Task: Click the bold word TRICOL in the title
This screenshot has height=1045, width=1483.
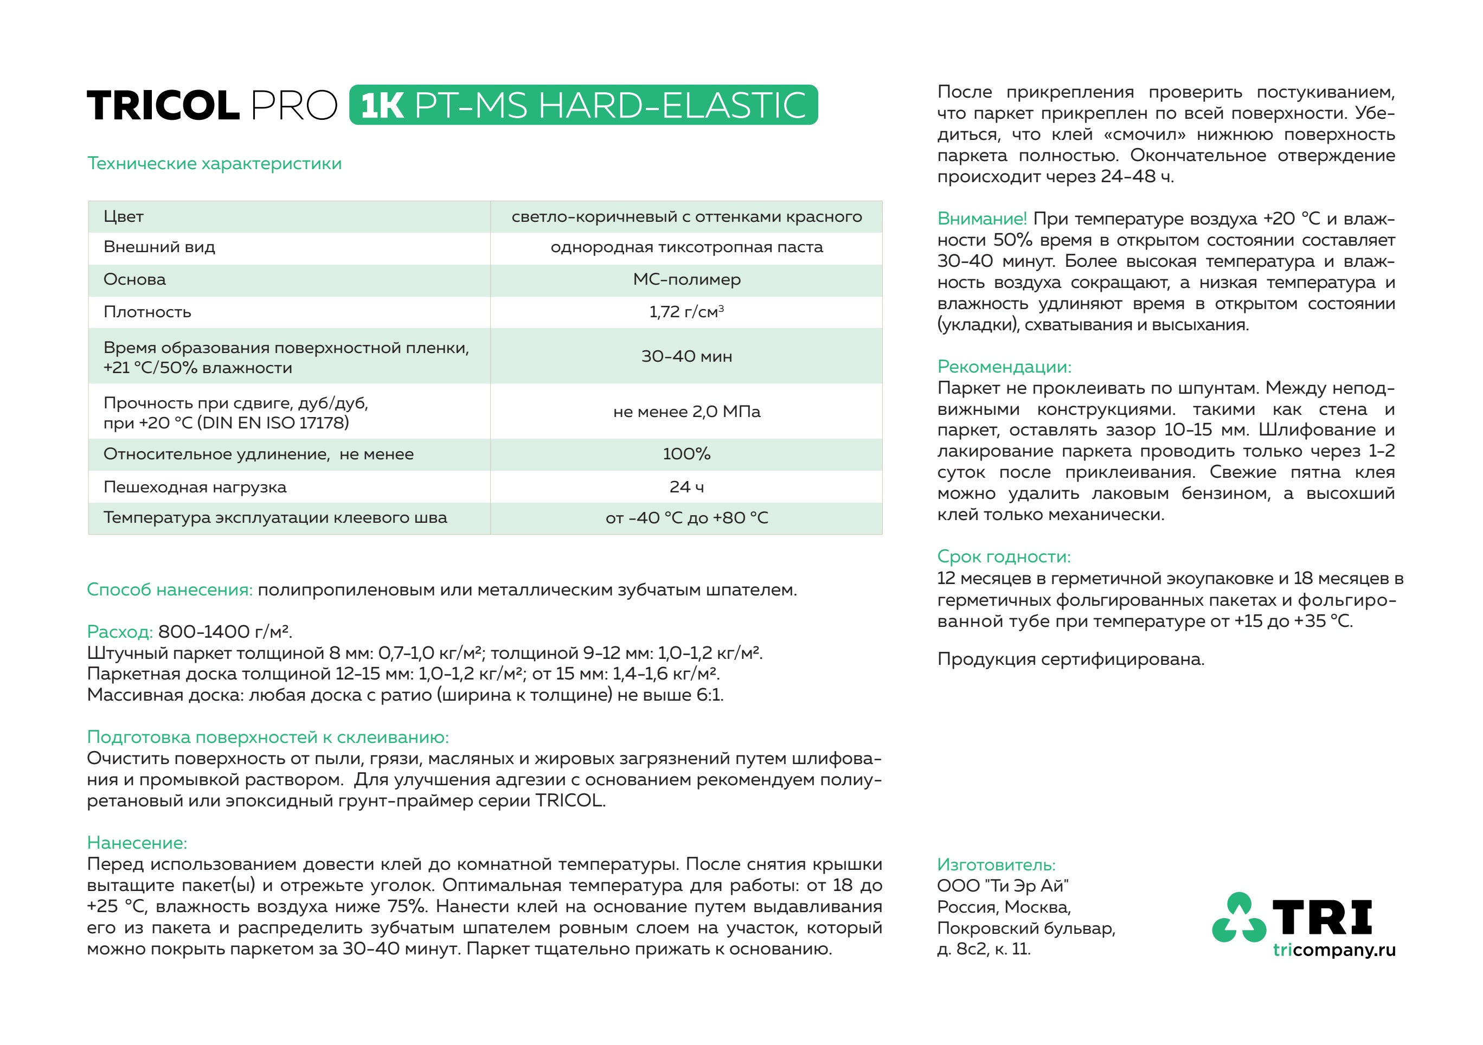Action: [x=163, y=105]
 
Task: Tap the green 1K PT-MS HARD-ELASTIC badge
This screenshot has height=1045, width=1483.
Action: [x=583, y=105]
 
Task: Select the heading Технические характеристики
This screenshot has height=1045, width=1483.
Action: [x=214, y=163]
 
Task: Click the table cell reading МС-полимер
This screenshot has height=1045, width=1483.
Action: [x=686, y=280]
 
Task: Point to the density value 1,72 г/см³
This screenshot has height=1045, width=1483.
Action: [x=686, y=312]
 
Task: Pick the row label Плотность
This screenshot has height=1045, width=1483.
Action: [x=147, y=312]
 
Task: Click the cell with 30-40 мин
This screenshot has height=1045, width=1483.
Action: [x=686, y=356]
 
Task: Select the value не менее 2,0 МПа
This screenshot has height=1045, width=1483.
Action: [x=686, y=412]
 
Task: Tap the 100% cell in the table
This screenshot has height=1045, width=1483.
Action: [x=686, y=454]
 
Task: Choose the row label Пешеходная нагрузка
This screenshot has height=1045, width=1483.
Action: [x=195, y=487]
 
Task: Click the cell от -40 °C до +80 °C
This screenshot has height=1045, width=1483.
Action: [x=686, y=518]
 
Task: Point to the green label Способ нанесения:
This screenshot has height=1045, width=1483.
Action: [x=170, y=589]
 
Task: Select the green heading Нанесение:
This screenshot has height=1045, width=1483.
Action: [x=137, y=843]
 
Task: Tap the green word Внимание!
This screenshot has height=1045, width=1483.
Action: [x=981, y=219]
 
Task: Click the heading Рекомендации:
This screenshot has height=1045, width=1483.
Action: [x=1004, y=367]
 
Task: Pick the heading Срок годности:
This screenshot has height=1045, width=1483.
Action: [x=1003, y=557]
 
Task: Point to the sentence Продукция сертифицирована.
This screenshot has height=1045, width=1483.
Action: [x=1070, y=659]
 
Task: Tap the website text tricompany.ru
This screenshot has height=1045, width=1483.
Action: [x=1333, y=950]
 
